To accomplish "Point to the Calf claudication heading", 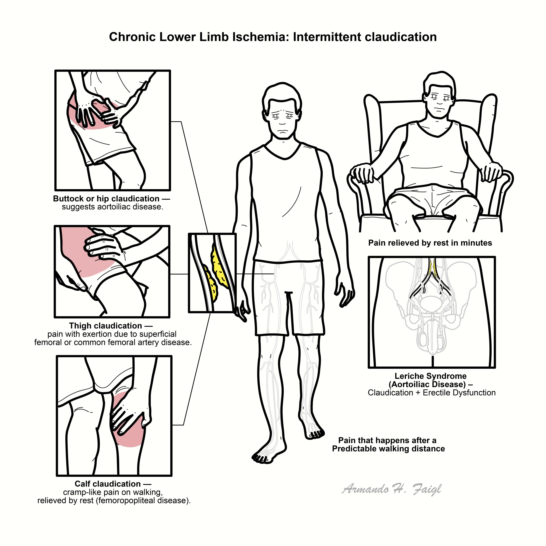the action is [x=108, y=484].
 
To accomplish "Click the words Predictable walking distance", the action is [x=388, y=449].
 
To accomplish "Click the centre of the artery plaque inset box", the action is [x=212, y=273].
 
